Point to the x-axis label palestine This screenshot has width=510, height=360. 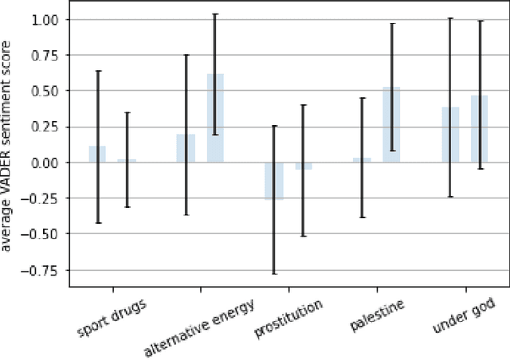[377, 315]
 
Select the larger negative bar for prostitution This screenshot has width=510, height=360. [273, 181]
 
